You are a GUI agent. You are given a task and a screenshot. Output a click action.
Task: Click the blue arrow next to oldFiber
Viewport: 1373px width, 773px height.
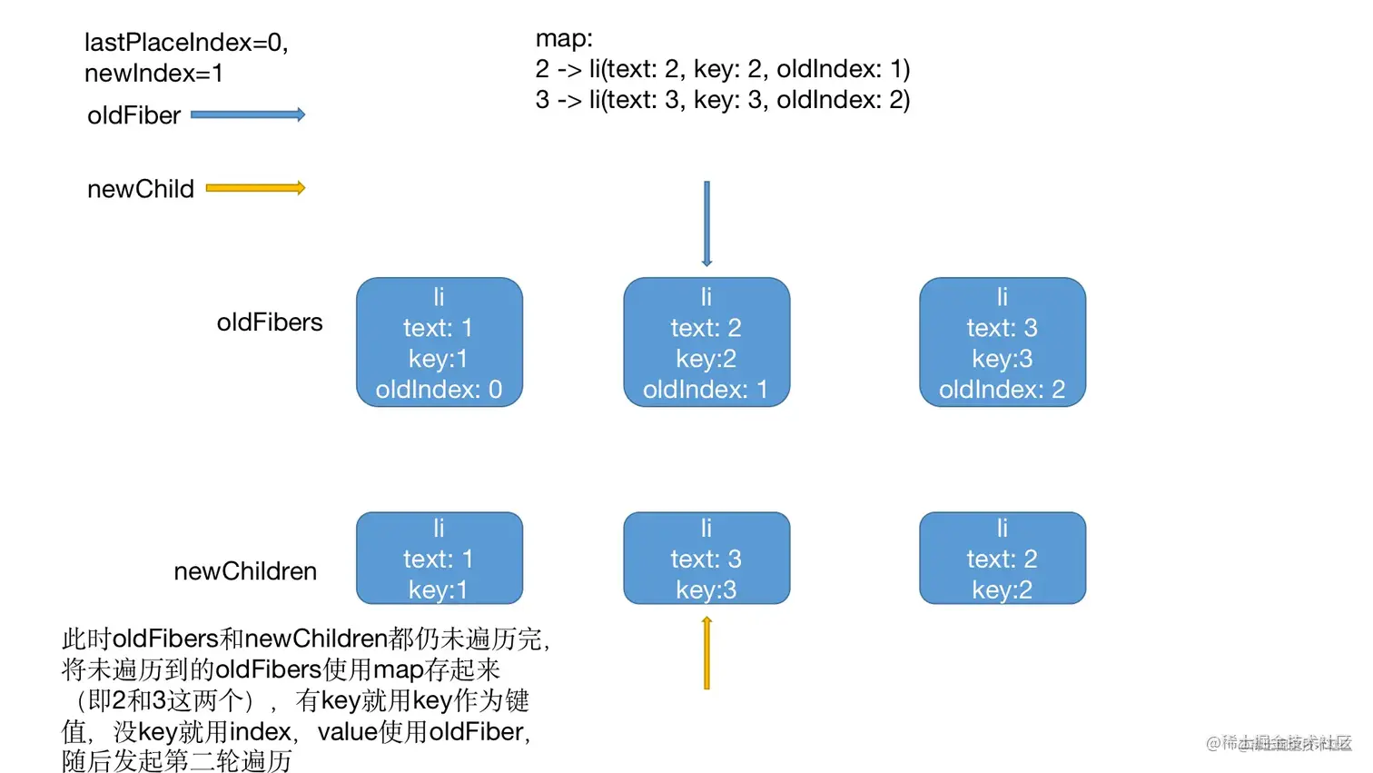tap(248, 114)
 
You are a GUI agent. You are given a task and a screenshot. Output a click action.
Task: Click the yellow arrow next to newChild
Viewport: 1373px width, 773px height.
tap(255, 188)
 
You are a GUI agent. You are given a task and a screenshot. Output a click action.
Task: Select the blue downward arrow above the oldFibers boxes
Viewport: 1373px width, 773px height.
tap(706, 223)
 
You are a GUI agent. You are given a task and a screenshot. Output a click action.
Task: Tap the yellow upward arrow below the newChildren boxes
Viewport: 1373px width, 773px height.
tap(706, 653)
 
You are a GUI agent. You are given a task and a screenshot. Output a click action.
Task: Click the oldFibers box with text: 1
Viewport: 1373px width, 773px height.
tap(440, 342)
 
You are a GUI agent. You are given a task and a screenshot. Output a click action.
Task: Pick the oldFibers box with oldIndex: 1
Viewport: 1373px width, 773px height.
tap(706, 342)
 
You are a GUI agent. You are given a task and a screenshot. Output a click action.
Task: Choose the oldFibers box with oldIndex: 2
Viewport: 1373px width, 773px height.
tap(1003, 342)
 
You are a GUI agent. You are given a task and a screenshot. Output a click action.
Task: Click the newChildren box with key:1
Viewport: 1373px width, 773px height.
tap(440, 558)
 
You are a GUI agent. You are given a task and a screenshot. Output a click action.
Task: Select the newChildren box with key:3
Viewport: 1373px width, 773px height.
tap(706, 558)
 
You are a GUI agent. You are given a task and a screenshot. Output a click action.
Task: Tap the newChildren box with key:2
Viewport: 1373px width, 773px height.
tap(1003, 558)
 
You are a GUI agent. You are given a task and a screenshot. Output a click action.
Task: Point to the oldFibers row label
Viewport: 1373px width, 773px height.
tap(270, 322)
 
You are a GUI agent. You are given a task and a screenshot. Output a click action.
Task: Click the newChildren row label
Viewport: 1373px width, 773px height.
tap(245, 571)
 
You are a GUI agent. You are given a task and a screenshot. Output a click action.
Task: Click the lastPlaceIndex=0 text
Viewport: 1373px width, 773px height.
tap(186, 43)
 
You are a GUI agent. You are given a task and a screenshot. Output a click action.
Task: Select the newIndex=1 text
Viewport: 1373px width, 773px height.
tap(153, 74)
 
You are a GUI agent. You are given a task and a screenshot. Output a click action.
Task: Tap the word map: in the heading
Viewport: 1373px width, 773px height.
tap(564, 38)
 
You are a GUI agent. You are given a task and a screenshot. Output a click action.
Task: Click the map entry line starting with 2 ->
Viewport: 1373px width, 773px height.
tap(722, 69)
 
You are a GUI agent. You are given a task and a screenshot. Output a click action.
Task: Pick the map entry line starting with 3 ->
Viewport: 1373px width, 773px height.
tap(722, 100)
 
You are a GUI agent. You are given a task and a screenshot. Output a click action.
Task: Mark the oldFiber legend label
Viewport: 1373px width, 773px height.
tap(134, 115)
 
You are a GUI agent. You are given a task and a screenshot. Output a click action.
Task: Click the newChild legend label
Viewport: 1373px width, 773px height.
tap(141, 189)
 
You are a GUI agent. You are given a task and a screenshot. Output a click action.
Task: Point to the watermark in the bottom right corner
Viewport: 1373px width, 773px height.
tap(1279, 743)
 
